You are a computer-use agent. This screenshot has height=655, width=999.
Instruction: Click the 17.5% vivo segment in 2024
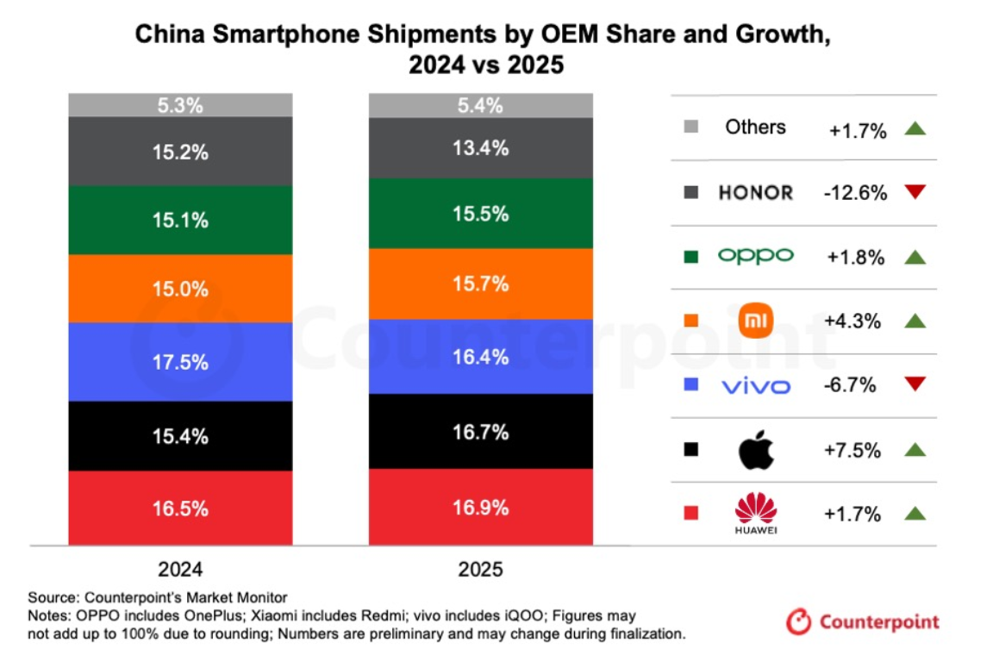(x=181, y=362)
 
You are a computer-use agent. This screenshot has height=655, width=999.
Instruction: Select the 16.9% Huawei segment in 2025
(x=481, y=507)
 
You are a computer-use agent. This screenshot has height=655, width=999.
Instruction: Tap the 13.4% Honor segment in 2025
(x=481, y=148)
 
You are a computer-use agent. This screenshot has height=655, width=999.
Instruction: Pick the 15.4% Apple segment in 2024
(x=181, y=436)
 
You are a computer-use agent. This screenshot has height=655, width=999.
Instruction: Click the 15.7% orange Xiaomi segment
(x=481, y=284)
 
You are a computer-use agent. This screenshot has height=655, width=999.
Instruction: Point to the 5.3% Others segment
(x=181, y=106)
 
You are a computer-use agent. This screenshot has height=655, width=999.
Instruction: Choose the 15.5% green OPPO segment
(x=481, y=213)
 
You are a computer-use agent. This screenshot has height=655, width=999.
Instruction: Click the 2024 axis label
(x=181, y=570)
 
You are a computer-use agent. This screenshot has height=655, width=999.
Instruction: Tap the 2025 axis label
(x=481, y=570)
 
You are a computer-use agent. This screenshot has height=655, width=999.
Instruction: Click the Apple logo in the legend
(x=756, y=451)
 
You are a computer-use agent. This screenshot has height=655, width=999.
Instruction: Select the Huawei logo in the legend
(x=756, y=512)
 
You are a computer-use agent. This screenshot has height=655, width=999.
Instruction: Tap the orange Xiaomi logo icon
(x=757, y=321)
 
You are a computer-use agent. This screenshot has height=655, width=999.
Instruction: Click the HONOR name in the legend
(x=755, y=192)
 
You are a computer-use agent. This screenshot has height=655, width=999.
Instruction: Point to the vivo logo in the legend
(x=755, y=386)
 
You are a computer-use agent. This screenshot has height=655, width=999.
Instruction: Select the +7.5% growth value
(x=854, y=451)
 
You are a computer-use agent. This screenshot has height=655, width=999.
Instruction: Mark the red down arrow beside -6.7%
(x=915, y=384)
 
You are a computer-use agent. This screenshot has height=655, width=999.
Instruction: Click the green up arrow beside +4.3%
(x=915, y=321)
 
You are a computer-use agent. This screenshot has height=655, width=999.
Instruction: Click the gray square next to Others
(x=690, y=128)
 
